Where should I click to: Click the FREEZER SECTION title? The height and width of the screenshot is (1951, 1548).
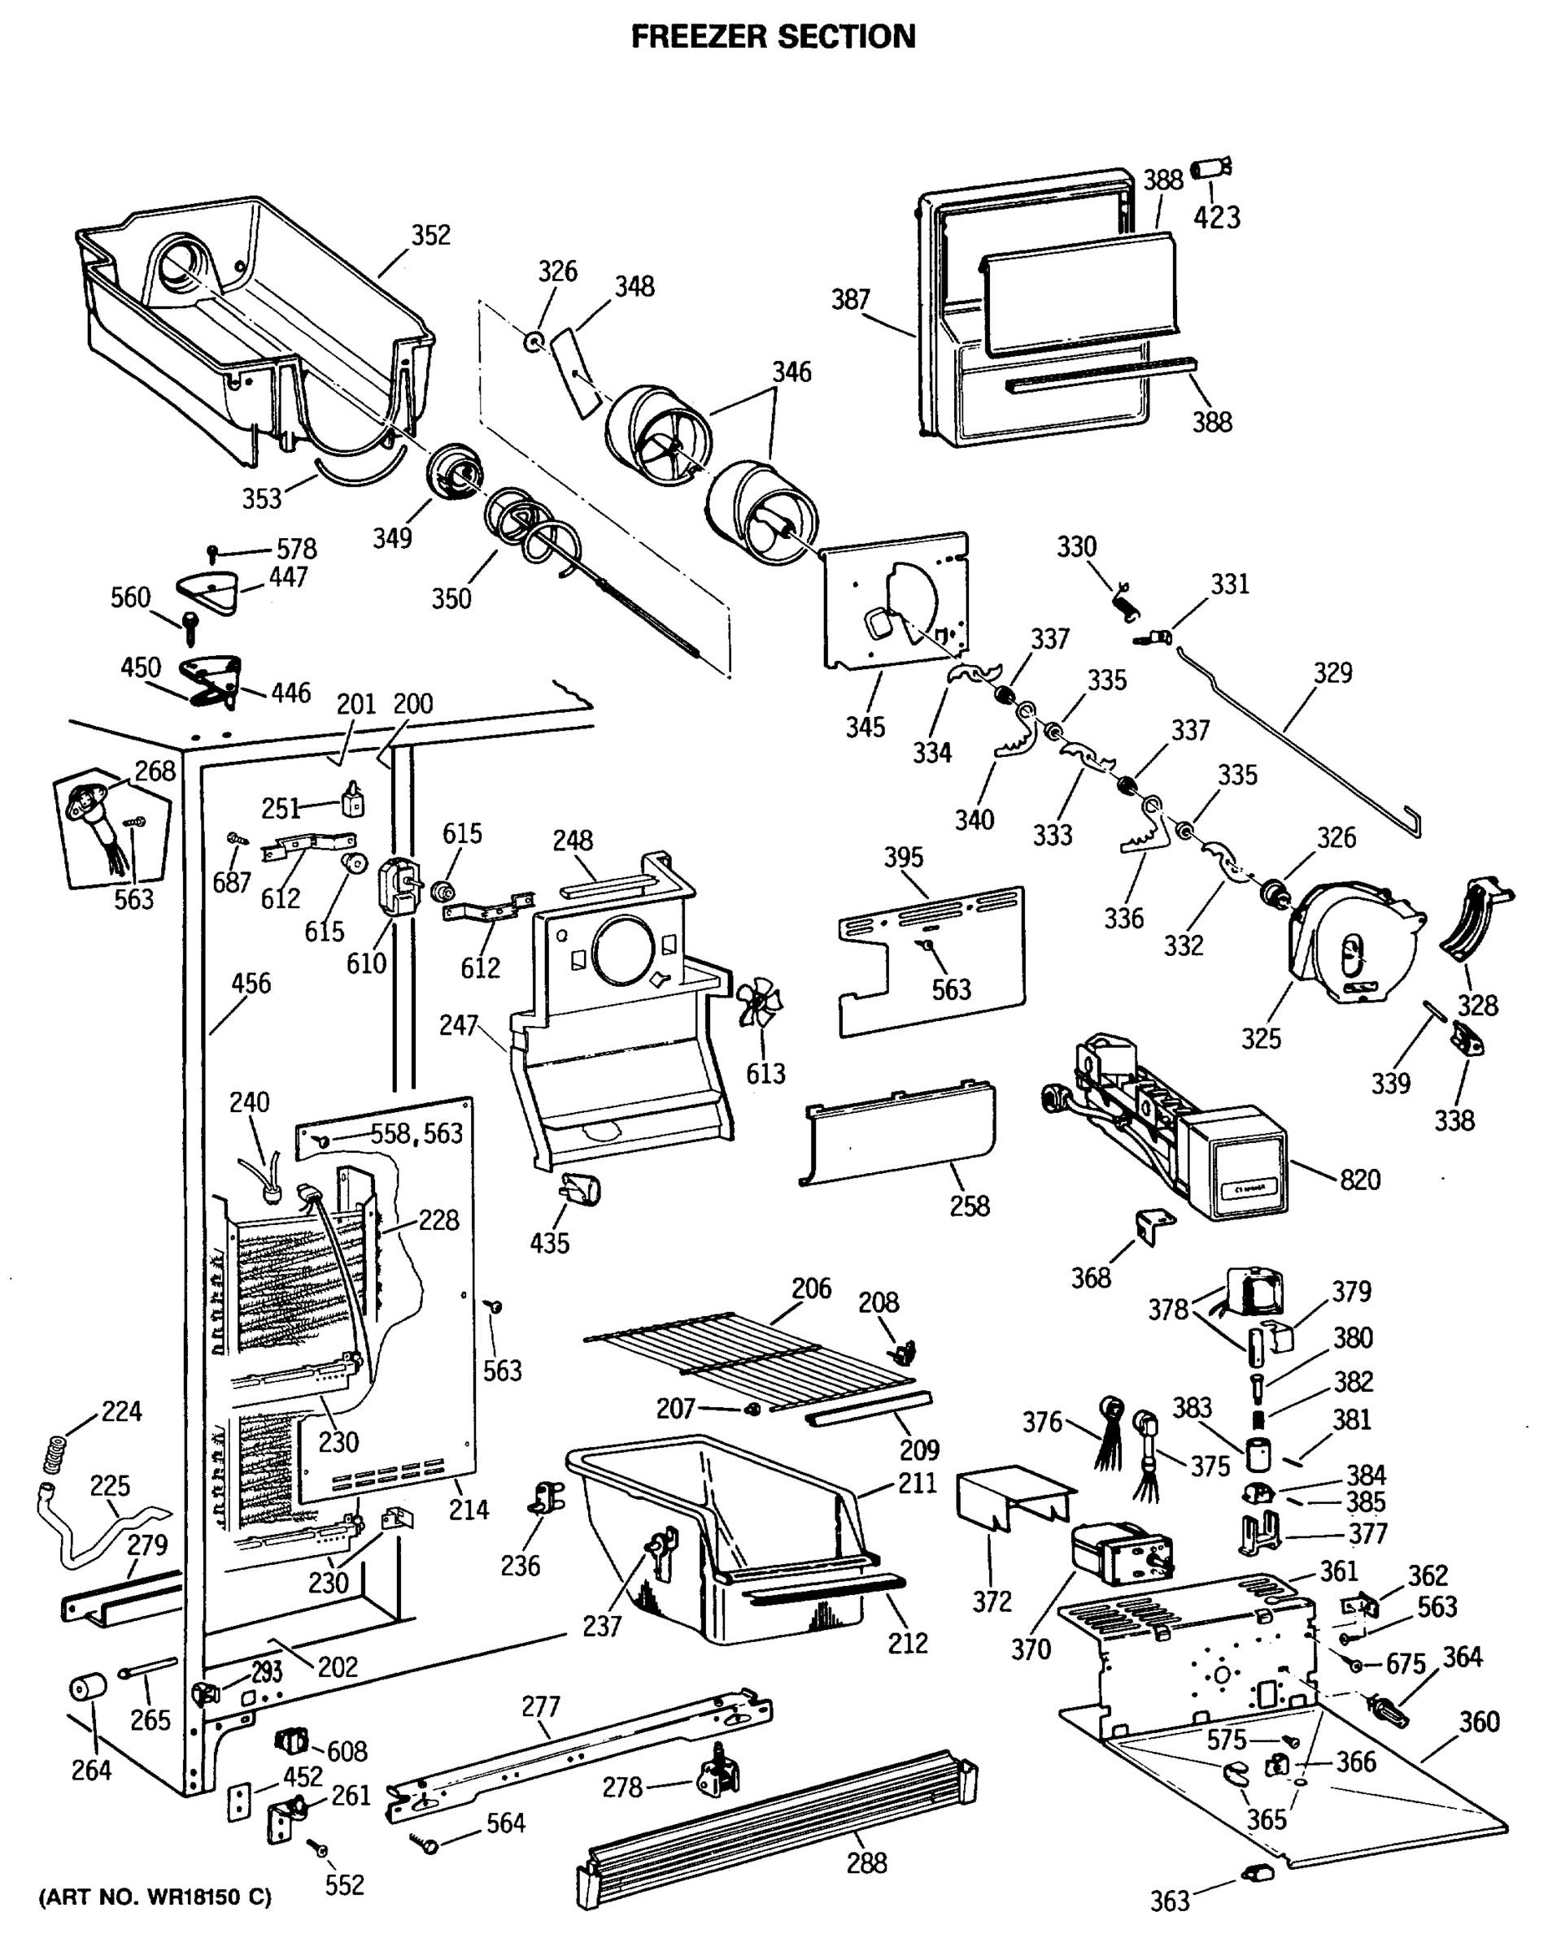point(772,37)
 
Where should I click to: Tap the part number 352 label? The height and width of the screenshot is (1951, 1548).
point(430,235)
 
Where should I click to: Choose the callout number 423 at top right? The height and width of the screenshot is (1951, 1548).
point(1216,217)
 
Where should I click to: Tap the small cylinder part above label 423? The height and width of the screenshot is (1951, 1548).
point(1210,168)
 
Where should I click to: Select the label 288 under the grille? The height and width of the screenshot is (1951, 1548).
point(866,1863)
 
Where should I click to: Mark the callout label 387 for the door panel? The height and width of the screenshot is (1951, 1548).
point(850,299)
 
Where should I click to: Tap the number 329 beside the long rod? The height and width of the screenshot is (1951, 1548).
point(1332,672)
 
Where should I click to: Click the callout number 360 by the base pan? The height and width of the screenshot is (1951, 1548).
point(1478,1721)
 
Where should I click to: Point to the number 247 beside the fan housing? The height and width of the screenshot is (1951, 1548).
point(458,1025)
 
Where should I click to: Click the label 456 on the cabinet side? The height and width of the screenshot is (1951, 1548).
point(251,983)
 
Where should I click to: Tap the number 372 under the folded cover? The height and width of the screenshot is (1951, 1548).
point(992,1601)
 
